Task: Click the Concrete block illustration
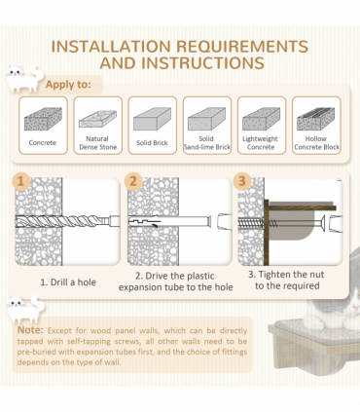coord(43,119)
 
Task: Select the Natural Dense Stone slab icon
coord(97,119)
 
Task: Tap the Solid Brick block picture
coord(152,119)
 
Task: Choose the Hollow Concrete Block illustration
coord(316,119)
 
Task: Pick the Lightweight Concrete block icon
coord(262,119)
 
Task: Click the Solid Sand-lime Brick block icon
coord(207,119)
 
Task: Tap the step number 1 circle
coord(21,181)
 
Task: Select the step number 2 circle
coord(133,181)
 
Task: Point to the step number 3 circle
coord(242,181)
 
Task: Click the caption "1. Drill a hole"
coord(68,282)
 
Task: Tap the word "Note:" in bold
coord(30,330)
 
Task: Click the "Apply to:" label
coord(68,85)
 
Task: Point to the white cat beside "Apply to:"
coord(24,79)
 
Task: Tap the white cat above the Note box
coord(26,309)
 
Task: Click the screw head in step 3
coord(323,223)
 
